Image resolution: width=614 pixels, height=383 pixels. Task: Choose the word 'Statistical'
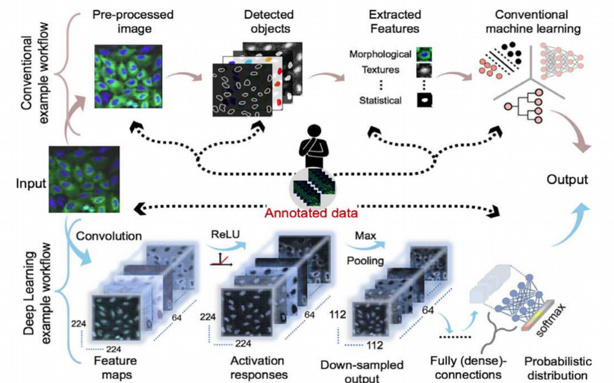(x=380, y=100)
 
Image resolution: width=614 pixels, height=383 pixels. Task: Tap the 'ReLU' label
(x=223, y=234)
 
